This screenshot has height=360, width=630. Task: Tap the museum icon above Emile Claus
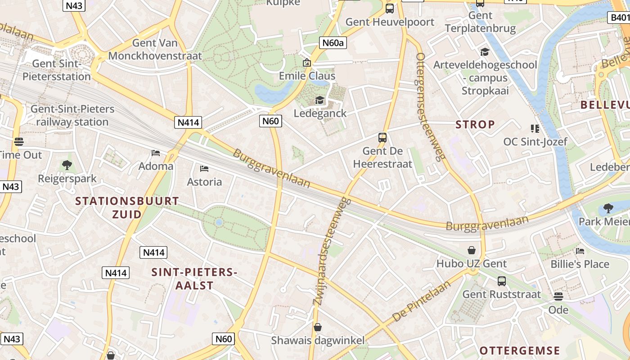click(x=307, y=63)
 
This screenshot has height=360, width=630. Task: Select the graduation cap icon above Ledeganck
click(x=319, y=100)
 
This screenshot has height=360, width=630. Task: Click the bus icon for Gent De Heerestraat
click(x=382, y=138)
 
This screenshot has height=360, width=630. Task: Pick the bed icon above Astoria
click(x=204, y=169)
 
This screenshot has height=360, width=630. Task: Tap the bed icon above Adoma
click(x=156, y=153)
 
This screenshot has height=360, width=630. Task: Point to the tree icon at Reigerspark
click(x=67, y=165)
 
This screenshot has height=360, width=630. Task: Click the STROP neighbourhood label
click(x=475, y=124)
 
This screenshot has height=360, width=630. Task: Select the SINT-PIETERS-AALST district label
click(x=194, y=279)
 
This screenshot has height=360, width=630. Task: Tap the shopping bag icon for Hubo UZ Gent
click(x=472, y=250)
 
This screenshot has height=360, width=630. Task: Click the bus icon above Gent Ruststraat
click(x=502, y=281)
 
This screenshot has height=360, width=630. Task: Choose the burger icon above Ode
click(x=558, y=297)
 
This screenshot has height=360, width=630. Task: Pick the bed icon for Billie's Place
click(x=580, y=251)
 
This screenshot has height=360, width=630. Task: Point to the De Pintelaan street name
click(x=421, y=301)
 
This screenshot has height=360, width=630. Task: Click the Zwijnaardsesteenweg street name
click(x=332, y=251)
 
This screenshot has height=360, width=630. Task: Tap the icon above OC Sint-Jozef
click(x=535, y=129)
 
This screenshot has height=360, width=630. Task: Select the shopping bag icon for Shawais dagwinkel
click(x=318, y=327)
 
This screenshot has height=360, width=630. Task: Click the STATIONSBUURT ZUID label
click(x=127, y=207)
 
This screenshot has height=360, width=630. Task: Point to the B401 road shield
click(x=620, y=18)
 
